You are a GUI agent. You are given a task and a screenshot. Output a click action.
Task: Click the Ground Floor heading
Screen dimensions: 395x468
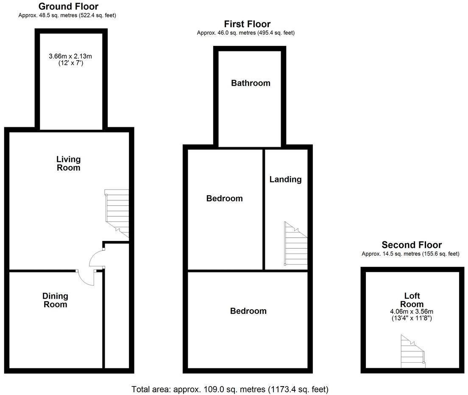pos(68,6)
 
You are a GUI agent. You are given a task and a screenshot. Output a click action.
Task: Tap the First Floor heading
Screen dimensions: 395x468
pos(247,24)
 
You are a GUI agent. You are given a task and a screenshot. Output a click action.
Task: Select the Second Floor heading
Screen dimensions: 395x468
pos(412,245)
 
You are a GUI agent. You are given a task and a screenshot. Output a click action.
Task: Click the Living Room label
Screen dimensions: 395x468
pos(68,163)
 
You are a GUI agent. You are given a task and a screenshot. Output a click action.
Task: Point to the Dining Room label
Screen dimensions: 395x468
pos(55,300)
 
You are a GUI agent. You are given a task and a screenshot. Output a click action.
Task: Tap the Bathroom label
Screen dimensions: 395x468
pos(251,83)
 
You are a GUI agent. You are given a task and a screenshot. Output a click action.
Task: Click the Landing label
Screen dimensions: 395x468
pos(285,179)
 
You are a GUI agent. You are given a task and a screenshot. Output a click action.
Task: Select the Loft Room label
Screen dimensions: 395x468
pos(412,300)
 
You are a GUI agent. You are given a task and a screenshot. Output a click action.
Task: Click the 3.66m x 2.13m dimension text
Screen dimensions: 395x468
pos(71,56)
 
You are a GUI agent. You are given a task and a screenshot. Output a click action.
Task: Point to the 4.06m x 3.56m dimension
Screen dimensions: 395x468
pos(412,311)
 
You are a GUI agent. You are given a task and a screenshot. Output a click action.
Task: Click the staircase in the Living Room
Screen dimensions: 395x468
pos(117,212)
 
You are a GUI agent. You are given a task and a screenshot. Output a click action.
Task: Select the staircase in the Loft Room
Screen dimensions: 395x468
pos(412,352)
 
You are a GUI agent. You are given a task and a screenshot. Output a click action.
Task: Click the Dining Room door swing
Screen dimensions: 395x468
pos(87,278)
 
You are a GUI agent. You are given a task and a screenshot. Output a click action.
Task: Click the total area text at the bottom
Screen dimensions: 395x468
pos(230,389)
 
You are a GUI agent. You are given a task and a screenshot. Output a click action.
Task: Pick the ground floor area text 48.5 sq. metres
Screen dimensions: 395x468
pos(67,15)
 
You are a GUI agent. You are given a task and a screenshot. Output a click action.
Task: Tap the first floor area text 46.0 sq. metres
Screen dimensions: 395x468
pos(245,33)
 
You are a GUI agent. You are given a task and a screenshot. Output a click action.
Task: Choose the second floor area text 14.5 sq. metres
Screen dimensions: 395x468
pos(410,254)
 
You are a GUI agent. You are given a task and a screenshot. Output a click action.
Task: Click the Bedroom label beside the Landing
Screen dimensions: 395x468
pos(224,198)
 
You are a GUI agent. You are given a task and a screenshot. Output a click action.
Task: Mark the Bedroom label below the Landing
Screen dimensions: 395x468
pos(248,311)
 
